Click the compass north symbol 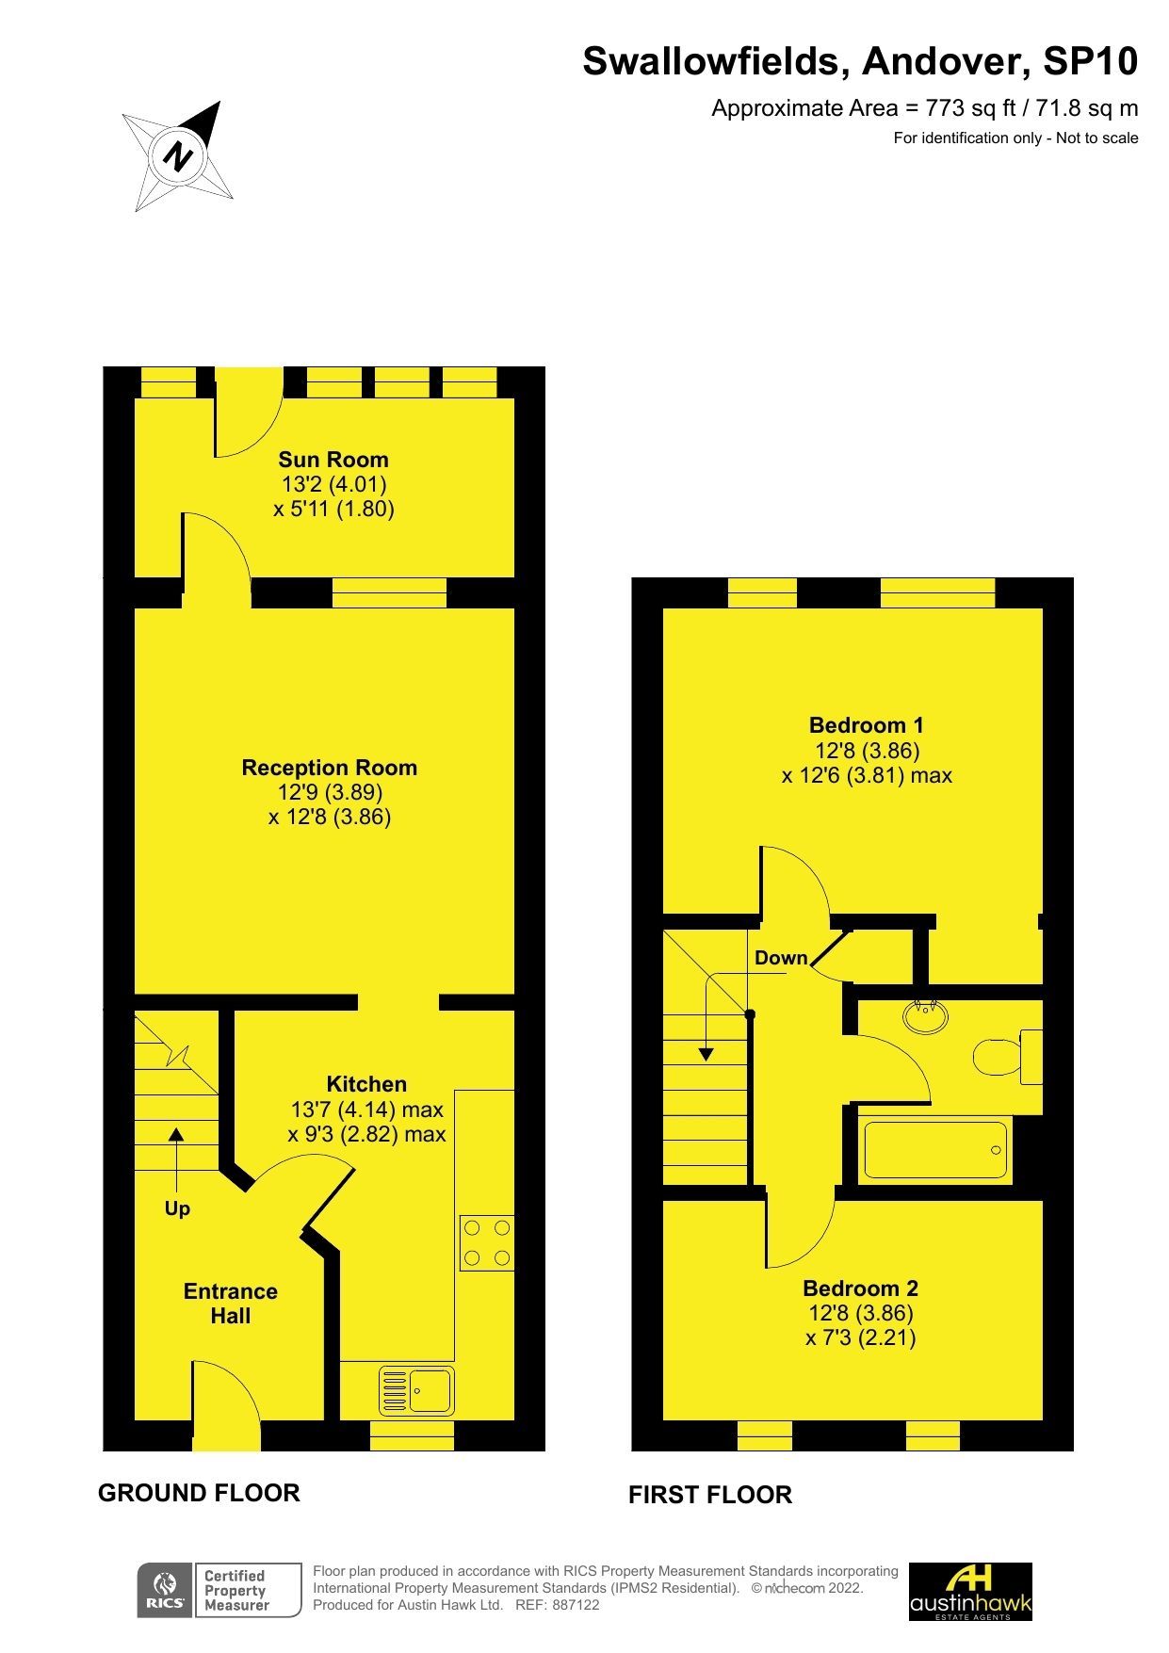click(x=178, y=155)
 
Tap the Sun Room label click(x=333, y=460)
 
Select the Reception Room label click(x=329, y=768)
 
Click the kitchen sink click(x=415, y=1390)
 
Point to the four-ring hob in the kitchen click(x=487, y=1242)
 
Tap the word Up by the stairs click(x=177, y=1208)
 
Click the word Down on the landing click(x=781, y=958)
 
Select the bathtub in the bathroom click(x=934, y=1150)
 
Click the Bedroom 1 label click(x=866, y=725)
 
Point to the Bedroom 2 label click(x=860, y=1288)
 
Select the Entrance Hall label click(x=231, y=1304)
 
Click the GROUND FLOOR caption click(x=199, y=1493)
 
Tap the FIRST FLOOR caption click(x=710, y=1495)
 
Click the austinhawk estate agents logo click(x=970, y=1592)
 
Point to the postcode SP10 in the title click(x=1090, y=62)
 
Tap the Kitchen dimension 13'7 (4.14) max click(x=367, y=1110)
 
